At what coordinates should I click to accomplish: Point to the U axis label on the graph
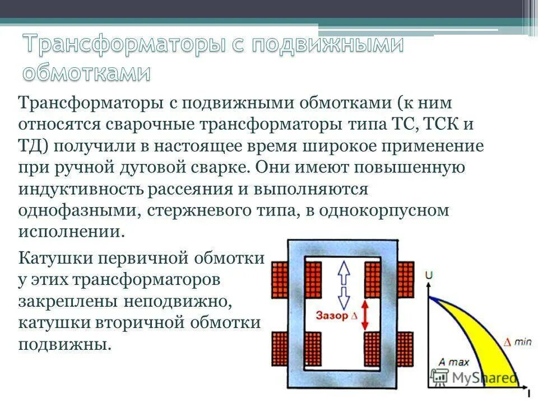click(x=429, y=275)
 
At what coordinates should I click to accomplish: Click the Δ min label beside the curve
click(x=517, y=341)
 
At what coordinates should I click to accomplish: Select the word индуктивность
click(x=81, y=189)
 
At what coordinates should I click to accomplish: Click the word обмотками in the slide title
click(x=87, y=72)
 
